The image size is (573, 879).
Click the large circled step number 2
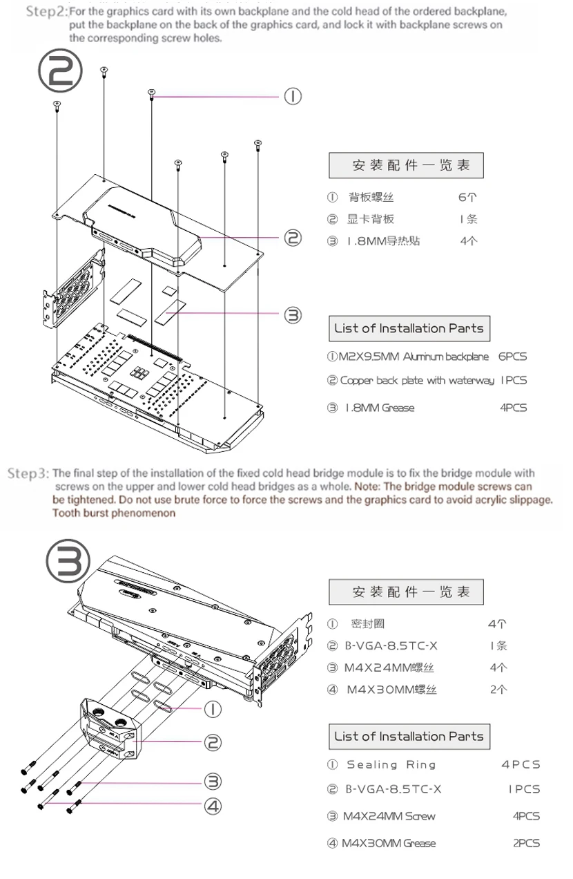(60, 73)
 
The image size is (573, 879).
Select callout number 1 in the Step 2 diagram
(293, 97)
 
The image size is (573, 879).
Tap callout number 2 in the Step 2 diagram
(293, 238)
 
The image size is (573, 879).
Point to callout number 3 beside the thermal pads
(293, 315)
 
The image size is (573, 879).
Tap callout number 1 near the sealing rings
(213, 709)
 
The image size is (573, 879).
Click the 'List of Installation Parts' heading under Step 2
(409, 328)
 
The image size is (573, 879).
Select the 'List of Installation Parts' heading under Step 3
(409, 736)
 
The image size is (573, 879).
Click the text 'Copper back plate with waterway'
(417, 381)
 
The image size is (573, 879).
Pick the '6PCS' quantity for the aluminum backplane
(512, 357)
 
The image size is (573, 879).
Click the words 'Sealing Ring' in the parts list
(391, 765)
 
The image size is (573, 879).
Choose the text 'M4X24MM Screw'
(389, 816)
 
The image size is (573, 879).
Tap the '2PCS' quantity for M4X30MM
(525, 843)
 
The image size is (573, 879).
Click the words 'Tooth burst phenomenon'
(114, 513)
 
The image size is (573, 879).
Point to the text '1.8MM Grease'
(380, 408)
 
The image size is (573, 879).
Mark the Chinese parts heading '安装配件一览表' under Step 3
(407, 592)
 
